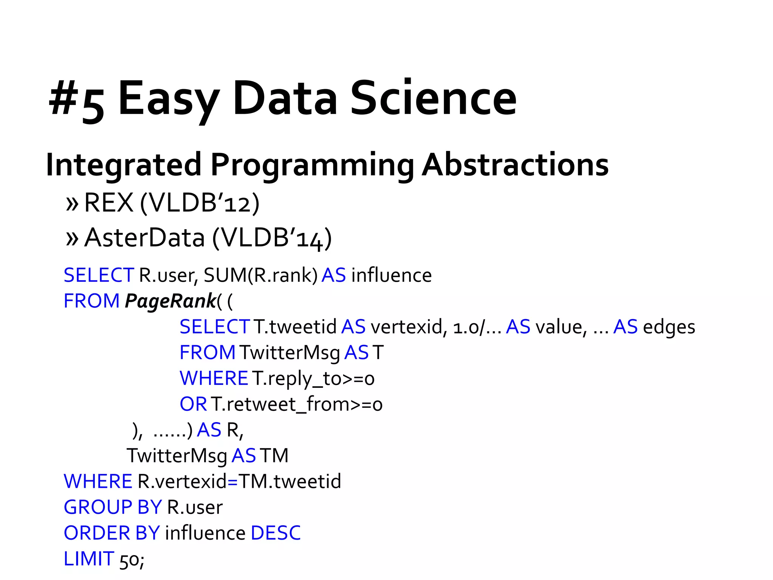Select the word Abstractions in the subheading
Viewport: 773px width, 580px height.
click(x=515, y=165)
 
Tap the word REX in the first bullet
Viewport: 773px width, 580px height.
click(x=109, y=203)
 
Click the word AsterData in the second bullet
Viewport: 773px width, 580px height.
click(x=145, y=238)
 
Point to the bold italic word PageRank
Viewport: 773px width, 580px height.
click(x=170, y=301)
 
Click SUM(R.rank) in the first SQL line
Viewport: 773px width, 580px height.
click(x=261, y=275)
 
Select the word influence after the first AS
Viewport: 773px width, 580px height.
click(x=391, y=275)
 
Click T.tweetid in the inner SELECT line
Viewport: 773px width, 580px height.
click(x=295, y=327)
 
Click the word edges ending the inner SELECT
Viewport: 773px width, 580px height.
click(x=669, y=327)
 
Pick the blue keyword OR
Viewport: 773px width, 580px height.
click(x=193, y=404)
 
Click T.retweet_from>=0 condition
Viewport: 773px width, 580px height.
click(x=297, y=404)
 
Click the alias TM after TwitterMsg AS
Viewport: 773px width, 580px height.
click(x=274, y=456)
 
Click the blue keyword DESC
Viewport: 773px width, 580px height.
click(x=276, y=533)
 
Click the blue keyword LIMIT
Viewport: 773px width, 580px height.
click(x=89, y=559)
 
